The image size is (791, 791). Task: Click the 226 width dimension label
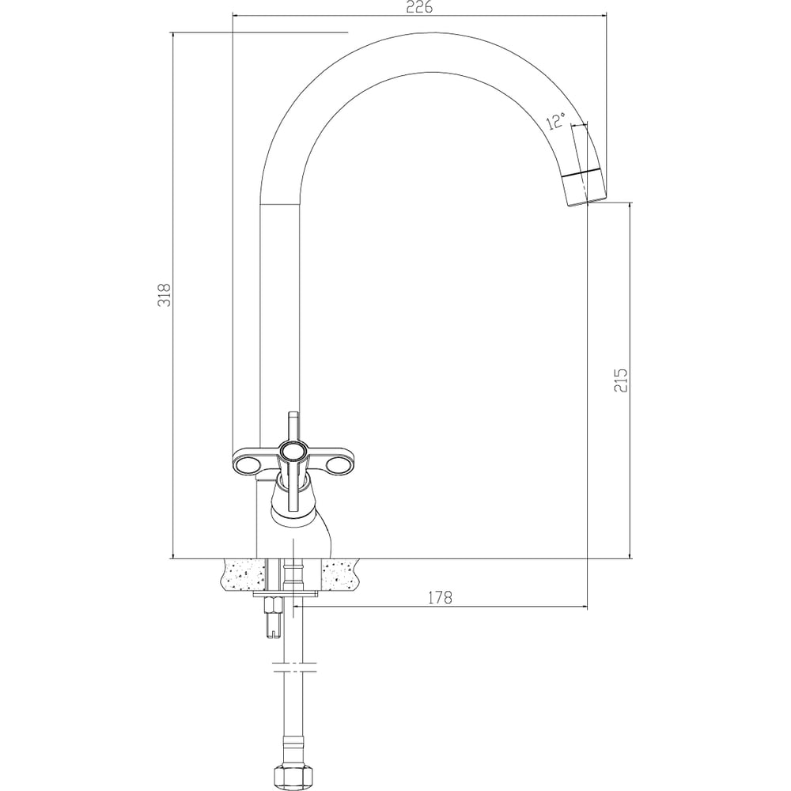point(419,8)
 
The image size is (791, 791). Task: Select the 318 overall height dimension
point(165,295)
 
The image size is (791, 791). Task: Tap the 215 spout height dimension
point(620,380)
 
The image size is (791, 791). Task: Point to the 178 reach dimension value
point(440,597)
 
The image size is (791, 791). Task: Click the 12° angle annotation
point(556,121)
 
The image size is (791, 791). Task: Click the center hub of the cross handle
point(292,452)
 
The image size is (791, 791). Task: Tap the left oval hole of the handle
point(247,467)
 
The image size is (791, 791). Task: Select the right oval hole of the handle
point(336,467)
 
